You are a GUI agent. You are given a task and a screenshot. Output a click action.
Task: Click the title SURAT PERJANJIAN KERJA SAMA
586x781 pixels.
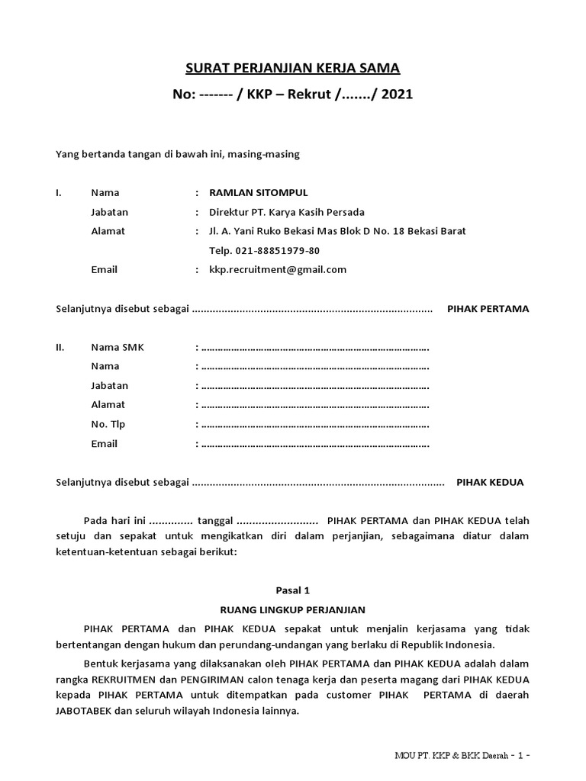[293, 69]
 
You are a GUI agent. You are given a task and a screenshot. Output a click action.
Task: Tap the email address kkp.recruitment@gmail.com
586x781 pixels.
[272, 269]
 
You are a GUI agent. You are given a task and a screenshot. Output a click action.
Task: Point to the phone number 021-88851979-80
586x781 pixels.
[265, 250]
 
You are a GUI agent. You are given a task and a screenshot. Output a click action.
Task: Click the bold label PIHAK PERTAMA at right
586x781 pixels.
[488, 309]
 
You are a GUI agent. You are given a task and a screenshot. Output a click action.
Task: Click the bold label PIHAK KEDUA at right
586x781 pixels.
[490, 482]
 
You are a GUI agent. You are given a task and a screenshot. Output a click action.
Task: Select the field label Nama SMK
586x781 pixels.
[117, 347]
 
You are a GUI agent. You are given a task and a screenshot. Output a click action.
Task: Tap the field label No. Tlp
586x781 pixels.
[108, 424]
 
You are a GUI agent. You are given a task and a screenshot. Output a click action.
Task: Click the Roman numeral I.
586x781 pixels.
[59, 192]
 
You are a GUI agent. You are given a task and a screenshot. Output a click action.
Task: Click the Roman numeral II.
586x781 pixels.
[60, 347]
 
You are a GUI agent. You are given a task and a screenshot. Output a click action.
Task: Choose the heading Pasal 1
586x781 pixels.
[293, 590]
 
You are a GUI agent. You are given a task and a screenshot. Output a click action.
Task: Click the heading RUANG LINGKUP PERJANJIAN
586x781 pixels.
[293, 609]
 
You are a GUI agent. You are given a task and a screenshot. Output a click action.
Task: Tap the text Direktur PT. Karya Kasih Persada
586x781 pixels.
[281, 211]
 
